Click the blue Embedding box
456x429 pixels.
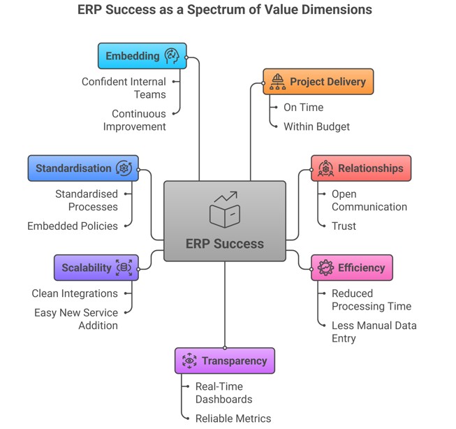142,56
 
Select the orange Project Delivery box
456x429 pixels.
318,82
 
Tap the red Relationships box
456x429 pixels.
360,168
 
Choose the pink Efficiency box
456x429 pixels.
351,268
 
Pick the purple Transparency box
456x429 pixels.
224,361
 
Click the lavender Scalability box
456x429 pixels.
96,268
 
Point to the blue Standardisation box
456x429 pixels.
82,168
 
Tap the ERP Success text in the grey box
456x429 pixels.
225,244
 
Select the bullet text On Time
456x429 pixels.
303,108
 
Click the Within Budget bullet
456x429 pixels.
316,126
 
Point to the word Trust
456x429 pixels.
344,226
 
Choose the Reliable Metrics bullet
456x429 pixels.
233,418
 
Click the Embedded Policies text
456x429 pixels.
73,226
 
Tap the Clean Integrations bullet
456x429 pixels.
75,293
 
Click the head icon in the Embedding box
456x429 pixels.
171,56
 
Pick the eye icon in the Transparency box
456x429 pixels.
189,361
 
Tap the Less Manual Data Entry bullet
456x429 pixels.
374,332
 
